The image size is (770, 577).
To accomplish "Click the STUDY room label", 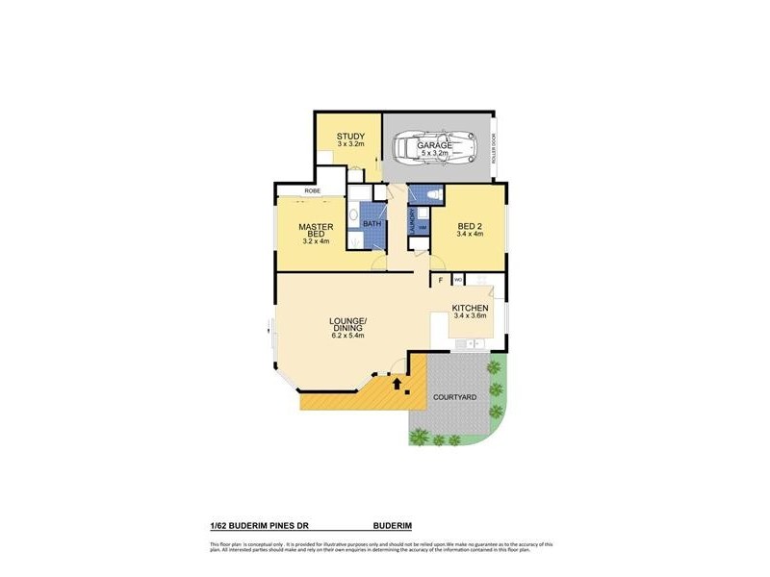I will point(349,137).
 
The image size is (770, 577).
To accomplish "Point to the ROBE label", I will point(312,191).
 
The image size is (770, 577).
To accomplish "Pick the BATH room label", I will point(372,224).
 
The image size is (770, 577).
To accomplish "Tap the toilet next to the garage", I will point(431,195).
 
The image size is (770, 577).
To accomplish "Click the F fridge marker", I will point(441,280).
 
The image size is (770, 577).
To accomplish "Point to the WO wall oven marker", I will point(458,280).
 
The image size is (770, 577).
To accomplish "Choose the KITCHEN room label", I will point(471,308).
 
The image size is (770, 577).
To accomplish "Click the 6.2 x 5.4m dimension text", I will point(347,336).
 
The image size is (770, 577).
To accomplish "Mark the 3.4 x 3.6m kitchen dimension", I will point(471,315).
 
